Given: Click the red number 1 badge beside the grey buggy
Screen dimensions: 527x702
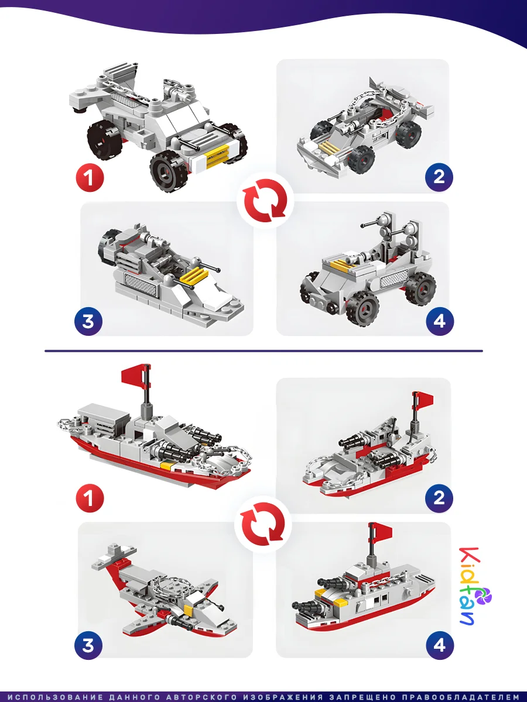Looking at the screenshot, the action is (x=90, y=178).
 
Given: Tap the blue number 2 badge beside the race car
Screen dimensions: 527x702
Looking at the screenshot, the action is (x=439, y=177).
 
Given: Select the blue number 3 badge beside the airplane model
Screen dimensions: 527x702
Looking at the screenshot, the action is (x=88, y=645).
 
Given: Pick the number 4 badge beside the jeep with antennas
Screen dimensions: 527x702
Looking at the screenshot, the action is (x=440, y=321).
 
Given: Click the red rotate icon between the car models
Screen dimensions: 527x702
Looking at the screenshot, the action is (x=265, y=201).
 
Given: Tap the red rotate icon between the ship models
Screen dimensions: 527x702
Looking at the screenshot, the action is (x=263, y=524).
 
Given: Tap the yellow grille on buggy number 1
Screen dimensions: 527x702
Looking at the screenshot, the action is (x=217, y=155).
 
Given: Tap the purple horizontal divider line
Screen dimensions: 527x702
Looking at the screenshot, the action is (x=263, y=351).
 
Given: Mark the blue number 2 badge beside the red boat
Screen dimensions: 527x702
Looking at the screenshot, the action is (x=439, y=498).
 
